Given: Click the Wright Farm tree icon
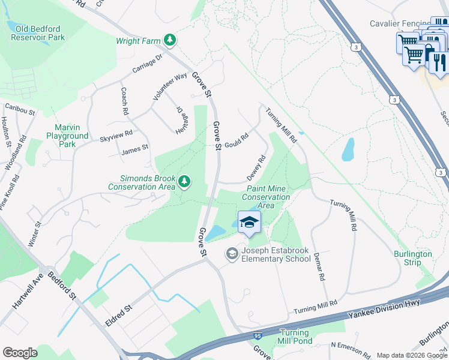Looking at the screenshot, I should (171, 40).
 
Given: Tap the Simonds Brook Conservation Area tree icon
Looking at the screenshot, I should (185, 181).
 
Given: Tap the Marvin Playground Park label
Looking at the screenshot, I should (67, 136).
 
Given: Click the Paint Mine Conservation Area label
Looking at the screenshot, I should (266, 197).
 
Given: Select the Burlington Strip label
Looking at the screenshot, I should (413, 258).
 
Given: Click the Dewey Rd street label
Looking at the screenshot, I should (256, 169).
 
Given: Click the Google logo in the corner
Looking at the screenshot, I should (20, 353).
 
